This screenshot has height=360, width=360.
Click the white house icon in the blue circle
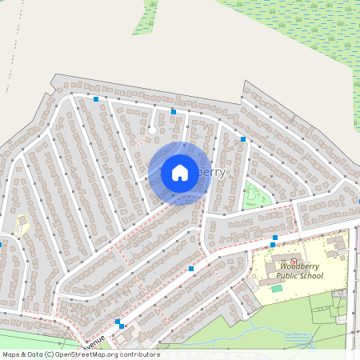pyautogui.click(x=180, y=173)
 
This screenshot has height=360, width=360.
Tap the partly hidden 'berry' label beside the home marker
pyautogui.click(x=212, y=172)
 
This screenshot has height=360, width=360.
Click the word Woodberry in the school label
pyautogui.click(x=300, y=266)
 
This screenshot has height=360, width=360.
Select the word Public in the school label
pyautogui.click(x=288, y=276)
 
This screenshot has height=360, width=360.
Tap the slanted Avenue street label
pyautogui.click(x=94, y=342)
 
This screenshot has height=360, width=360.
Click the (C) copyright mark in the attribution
pyautogui.click(x=50, y=354)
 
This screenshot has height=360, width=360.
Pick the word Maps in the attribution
pyautogui.click(x=11, y=354)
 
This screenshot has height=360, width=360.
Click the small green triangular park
pyautogui.click(x=254, y=194)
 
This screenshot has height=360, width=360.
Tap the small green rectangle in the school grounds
pyautogui.click(x=277, y=288)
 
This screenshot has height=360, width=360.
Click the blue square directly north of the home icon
pyautogui.click(x=174, y=112)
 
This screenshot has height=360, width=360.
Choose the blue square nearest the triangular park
pyautogui.click(x=243, y=139)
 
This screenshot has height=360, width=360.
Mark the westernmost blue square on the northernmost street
pyautogui.click(x=96, y=99)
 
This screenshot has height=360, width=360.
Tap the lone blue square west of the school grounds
pyautogui.click(x=191, y=269)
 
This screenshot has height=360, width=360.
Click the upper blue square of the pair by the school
pyautogui.click(x=274, y=238)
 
